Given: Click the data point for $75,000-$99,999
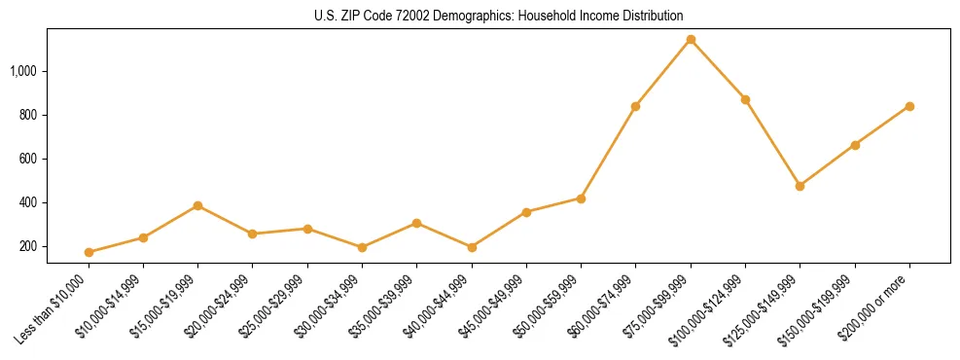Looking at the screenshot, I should coord(691,40).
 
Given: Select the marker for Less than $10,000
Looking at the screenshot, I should coord(89,252).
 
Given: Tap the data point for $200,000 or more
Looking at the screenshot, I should coord(909,106).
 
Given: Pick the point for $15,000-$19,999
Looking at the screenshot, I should coord(197,205).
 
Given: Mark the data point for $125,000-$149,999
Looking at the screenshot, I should coord(800,186).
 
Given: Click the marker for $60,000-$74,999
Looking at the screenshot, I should coord(635,106).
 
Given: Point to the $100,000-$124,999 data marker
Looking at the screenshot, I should coord(745,99).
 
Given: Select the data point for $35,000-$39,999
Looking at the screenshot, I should coord(416,223).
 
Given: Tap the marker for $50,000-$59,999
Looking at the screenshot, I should coord(581,198).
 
